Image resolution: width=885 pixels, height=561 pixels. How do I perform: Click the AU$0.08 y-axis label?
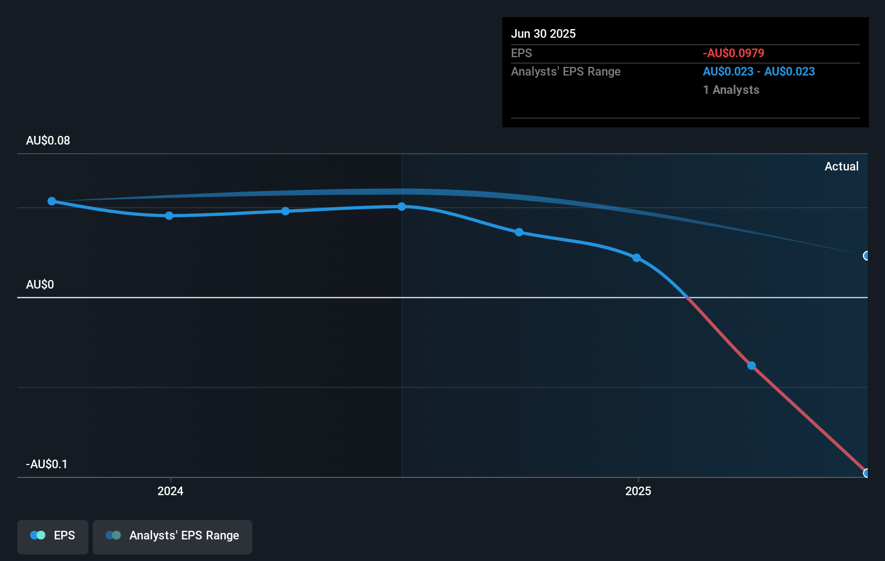point(48,141)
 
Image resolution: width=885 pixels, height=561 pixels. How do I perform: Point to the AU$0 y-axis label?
point(40,285)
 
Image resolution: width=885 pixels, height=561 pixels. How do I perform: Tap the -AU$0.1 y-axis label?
point(47,464)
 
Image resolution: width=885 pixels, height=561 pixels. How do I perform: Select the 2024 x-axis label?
point(170,491)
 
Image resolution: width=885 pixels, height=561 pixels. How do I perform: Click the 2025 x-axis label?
point(638,491)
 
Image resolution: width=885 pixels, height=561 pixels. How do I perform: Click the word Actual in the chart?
point(841,167)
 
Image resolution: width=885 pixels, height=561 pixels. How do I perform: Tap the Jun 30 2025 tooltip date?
point(543,34)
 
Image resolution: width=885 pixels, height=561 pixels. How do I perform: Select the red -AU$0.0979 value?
point(734,53)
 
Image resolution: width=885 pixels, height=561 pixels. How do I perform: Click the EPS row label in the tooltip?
point(521,53)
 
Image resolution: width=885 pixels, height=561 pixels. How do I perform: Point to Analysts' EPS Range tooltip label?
point(566,72)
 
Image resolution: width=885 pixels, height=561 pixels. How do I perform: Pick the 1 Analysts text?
point(731,90)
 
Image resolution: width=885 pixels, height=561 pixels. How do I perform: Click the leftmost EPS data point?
point(52,201)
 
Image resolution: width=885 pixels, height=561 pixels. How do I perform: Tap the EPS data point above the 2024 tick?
point(169,216)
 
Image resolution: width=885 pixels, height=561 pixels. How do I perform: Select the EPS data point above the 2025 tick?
point(637,258)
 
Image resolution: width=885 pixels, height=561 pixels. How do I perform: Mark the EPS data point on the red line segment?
point(751,366)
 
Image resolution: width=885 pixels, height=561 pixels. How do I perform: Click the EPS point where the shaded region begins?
point(402,207)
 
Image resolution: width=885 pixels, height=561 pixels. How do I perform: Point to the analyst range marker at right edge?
point(866,256)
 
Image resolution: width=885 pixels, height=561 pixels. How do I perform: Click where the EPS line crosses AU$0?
point(687,297)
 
